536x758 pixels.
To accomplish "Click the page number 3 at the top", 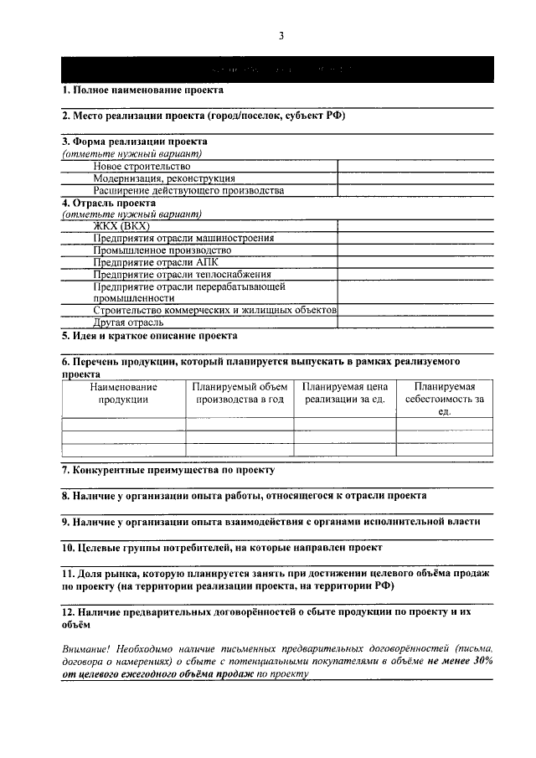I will tap(281, 35).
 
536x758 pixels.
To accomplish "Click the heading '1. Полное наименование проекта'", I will tap(143, 90).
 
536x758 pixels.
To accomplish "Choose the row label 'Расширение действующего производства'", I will tap(189, 190).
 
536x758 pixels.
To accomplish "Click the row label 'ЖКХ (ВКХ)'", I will tap(121, 226).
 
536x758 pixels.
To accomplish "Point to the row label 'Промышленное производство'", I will tap(162, 250).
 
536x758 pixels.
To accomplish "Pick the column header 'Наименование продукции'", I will tap(123, 393).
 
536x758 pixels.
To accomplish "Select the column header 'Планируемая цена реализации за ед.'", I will tap(344, 393).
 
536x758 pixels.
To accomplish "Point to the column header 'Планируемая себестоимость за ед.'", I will tap(444, 399).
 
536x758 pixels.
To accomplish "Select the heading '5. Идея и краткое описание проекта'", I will tap(149, 336).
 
